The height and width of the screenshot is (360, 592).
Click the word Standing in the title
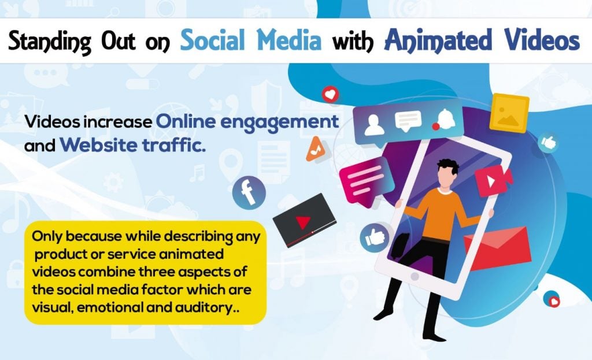coord(49,42)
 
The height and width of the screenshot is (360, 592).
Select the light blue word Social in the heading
coord(213,40)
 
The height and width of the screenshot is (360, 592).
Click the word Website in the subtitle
coord(98,145)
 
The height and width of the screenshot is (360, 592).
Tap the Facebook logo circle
coord(249,192)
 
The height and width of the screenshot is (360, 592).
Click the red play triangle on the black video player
coord(303,222)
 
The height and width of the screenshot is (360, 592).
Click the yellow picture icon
coord(509,113)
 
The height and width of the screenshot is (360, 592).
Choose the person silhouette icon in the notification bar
coord(374,125)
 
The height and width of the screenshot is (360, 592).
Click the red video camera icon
coord(493,180)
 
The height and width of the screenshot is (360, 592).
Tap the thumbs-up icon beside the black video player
coord(375,237)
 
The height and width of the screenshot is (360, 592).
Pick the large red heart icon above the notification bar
coord(330,95)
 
